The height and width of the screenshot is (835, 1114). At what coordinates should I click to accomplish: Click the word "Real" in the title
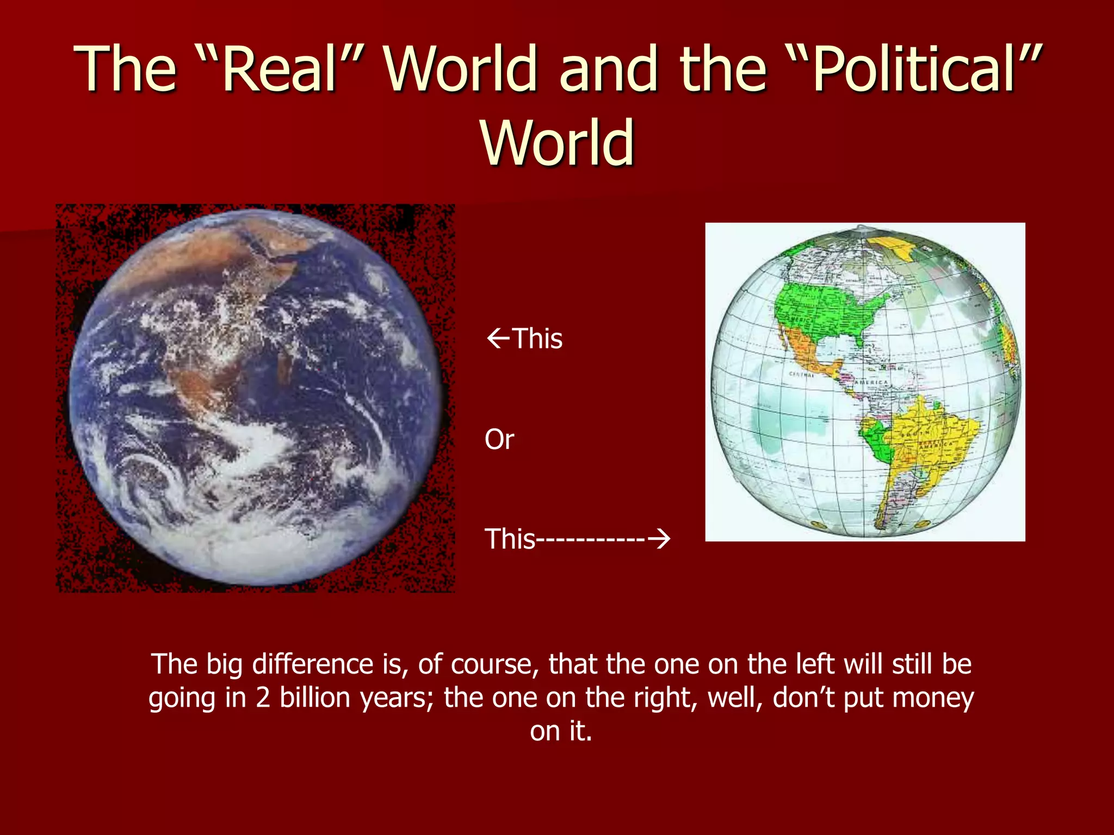click(277, 69)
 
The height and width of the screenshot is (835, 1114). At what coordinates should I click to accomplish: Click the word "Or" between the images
click(499, 439)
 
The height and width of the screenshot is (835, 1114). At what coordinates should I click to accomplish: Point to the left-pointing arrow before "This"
click(497, 338)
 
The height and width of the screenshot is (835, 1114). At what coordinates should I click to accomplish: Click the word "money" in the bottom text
click(932, 697)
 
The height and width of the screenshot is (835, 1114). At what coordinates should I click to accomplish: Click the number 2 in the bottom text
click(263, 697)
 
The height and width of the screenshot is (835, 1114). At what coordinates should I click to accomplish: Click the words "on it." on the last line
click(561, 731)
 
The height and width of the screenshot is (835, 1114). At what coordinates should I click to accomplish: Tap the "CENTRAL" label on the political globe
click(801, 375)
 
